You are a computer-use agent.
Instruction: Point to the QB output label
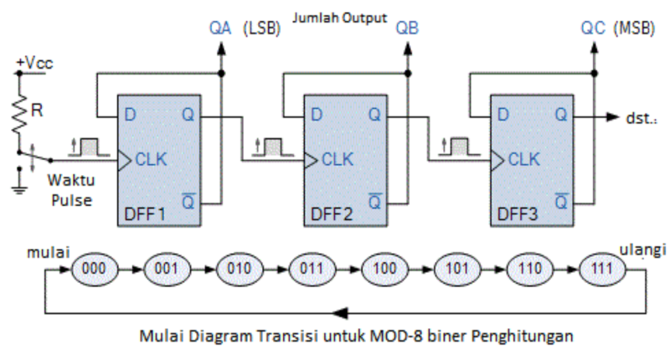pos(406,29)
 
